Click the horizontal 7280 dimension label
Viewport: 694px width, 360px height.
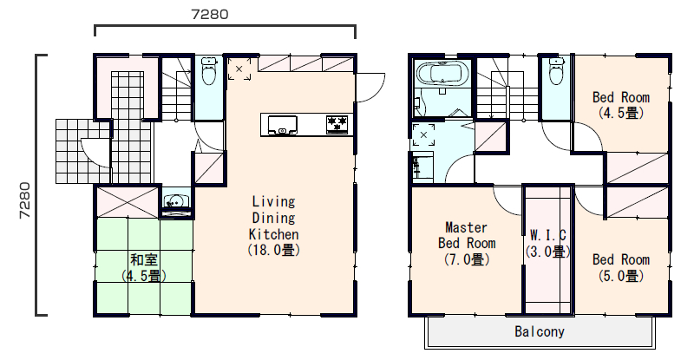(x=210, y=14)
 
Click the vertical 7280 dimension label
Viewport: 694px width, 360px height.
(x=25, y=200)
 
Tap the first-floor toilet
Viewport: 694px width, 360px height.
(x=209, y=71)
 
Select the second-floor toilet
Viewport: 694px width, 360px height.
(x=556, y=71)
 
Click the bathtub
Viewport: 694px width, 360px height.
(x=443, y=72)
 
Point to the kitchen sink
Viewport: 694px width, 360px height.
(x=283, y=124)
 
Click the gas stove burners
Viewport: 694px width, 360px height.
(x=337, y=123)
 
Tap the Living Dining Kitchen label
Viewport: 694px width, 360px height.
(x=273, y=226)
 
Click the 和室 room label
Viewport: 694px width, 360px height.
(x=144, y=259)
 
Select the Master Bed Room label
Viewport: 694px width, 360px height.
(x=467, y=243)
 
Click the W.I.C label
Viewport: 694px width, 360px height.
(x=547, y=243)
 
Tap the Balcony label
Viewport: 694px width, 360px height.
(x=540, y=331)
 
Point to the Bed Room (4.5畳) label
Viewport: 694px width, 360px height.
(x=621, y=105)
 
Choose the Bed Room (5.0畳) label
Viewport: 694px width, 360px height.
(x=621, y=267)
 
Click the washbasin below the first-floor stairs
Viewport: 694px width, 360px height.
(x=176, y=202)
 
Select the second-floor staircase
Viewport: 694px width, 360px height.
(x=507, y=88)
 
